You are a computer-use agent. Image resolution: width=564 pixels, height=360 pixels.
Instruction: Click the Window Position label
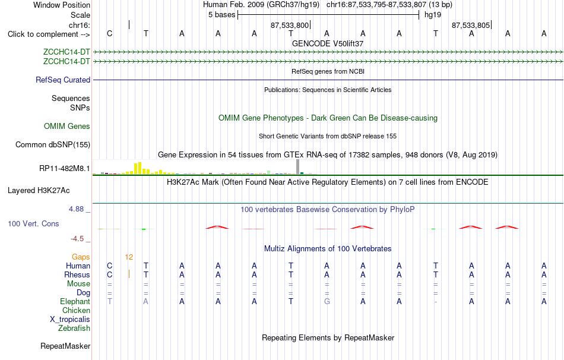[62, 5]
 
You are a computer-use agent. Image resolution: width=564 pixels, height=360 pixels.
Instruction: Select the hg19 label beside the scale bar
[433, 15]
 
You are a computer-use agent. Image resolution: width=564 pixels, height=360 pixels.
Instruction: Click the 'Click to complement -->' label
[49, 34]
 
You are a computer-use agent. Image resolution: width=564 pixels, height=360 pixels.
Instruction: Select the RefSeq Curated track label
[63, 80]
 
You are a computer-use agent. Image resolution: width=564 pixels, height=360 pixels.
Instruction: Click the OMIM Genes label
[67, 127]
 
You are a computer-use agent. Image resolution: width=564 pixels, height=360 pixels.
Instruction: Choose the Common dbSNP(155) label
[53, 145]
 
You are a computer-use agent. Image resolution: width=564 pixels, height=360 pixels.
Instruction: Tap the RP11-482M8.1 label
[65, 168]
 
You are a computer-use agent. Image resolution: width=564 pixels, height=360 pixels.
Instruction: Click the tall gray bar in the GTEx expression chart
[297, 167]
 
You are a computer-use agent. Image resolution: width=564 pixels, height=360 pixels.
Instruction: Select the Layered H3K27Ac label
[39, 191]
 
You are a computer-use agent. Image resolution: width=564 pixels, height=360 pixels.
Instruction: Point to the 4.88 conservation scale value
[76, 209]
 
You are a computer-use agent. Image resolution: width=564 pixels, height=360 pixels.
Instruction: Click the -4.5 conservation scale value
[77, 239]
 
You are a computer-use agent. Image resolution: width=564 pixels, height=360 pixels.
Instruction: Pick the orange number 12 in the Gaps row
[129, 257]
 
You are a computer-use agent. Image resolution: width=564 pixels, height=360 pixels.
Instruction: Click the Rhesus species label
[77, 274]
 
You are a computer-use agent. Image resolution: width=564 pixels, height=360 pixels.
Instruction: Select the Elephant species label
[75, 302]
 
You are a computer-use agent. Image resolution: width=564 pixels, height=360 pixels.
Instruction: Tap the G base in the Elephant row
[327, 301]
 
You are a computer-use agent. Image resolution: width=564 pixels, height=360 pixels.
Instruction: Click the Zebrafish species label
[74, 329]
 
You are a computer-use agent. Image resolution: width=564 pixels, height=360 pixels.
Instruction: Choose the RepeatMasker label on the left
[65, 346]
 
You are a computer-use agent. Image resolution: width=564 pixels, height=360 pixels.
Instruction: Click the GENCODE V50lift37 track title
[328, 43]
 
